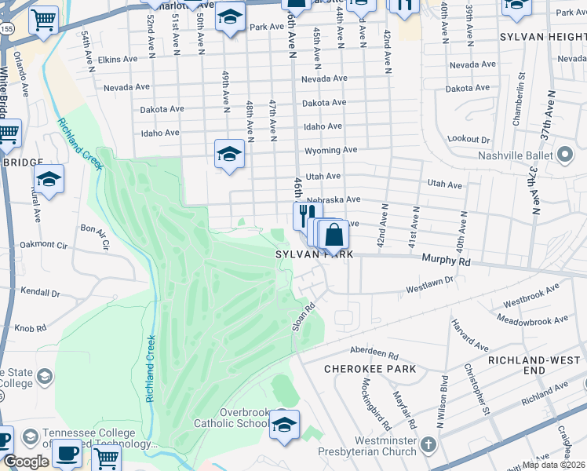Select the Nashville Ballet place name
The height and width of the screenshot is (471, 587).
[514, 155]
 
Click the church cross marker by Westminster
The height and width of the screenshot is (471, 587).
[428, 445]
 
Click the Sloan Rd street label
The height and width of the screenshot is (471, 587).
[299, 317]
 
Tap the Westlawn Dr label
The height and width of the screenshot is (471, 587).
[429, 285]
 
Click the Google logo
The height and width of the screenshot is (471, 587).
[26, 462]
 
